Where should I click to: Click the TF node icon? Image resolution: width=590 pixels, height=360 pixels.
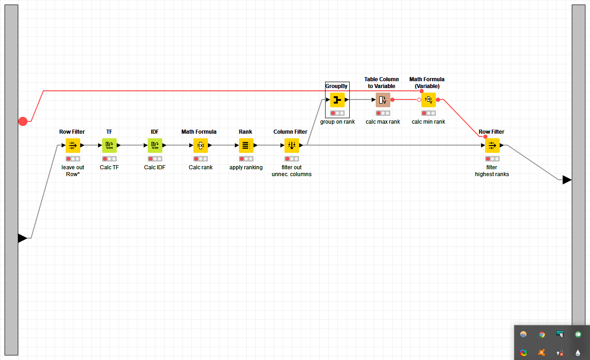point(109,146)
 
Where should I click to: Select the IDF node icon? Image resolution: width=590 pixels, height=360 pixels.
point(155,146)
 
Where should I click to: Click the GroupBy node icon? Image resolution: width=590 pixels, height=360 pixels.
point(337,100)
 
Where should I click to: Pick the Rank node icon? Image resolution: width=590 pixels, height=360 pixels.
point(246,146)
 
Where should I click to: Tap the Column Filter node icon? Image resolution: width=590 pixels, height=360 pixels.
point(292,146)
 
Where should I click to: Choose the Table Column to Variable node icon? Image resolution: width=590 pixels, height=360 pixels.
point(383,100)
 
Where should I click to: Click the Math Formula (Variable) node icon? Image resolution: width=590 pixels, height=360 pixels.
point(429,100)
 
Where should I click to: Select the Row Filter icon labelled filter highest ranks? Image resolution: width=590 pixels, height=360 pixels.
point(492,146)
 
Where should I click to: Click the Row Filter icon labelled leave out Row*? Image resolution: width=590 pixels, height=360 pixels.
point(73,146)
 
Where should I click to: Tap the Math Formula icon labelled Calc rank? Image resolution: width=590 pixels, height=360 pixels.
point(201,146)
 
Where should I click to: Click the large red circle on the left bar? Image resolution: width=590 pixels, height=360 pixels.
point(23,121)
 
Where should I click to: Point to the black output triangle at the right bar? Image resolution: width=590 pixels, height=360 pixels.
point(567,180)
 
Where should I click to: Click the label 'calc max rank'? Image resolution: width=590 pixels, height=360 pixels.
point(383,122)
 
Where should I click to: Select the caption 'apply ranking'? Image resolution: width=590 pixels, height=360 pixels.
point(246,167)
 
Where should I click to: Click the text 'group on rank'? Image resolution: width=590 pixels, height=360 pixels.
point(337,122)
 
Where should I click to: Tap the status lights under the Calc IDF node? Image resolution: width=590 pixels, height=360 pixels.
point(155,159)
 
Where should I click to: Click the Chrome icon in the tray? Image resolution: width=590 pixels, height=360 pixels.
point(542,334)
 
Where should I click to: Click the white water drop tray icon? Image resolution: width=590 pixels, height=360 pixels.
point(578,353)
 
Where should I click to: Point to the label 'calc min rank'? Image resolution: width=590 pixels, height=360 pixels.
point(429,122)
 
